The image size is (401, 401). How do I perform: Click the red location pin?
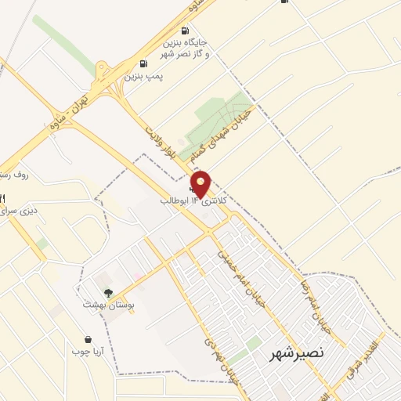201,184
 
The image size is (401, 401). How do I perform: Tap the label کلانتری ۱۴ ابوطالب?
193,201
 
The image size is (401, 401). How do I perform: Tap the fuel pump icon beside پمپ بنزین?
142,64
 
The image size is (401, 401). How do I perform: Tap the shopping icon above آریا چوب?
89,340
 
